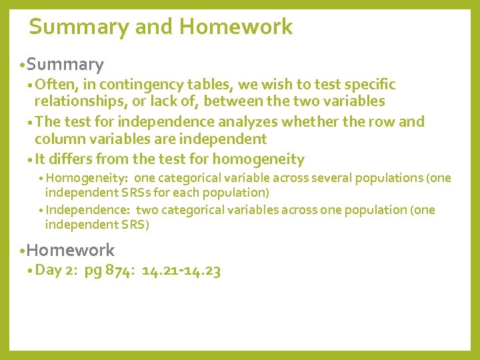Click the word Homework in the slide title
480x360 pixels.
pyautogui.click(x=236, y=27)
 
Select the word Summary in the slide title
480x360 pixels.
pyautogui.click(x=79, y=27)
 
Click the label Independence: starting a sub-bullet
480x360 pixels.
pyautogui.click(x=89, y=210)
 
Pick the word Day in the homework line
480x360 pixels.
pyautogui.click(x=47, y=270)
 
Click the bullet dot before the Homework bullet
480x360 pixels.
pyautogui.click(x=23, y=251)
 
